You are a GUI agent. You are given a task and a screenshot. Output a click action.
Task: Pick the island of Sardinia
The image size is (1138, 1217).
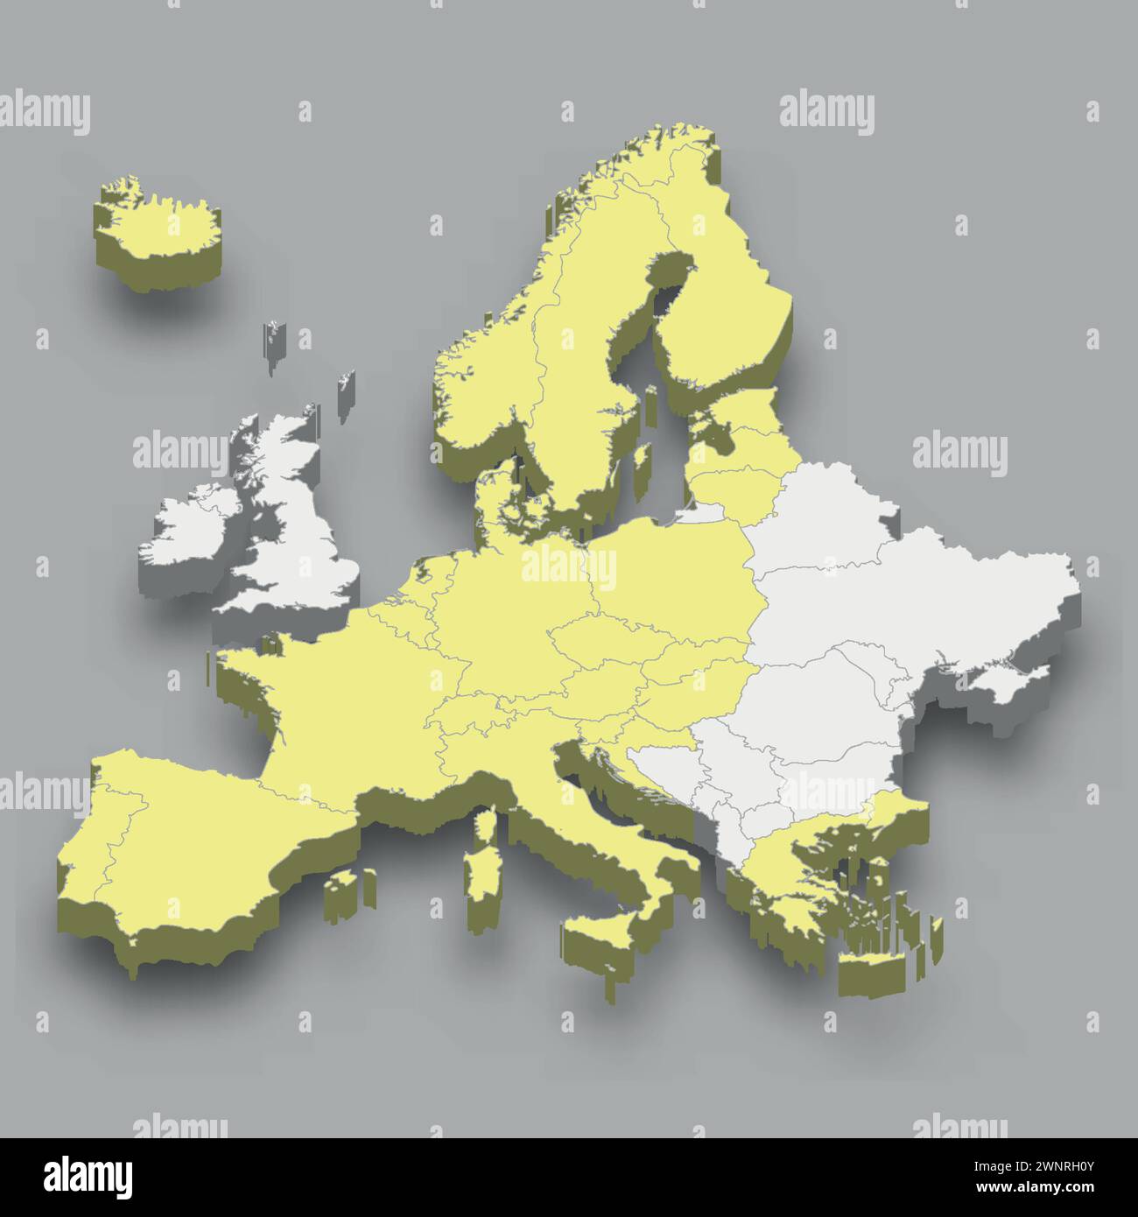tap(480, 862)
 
